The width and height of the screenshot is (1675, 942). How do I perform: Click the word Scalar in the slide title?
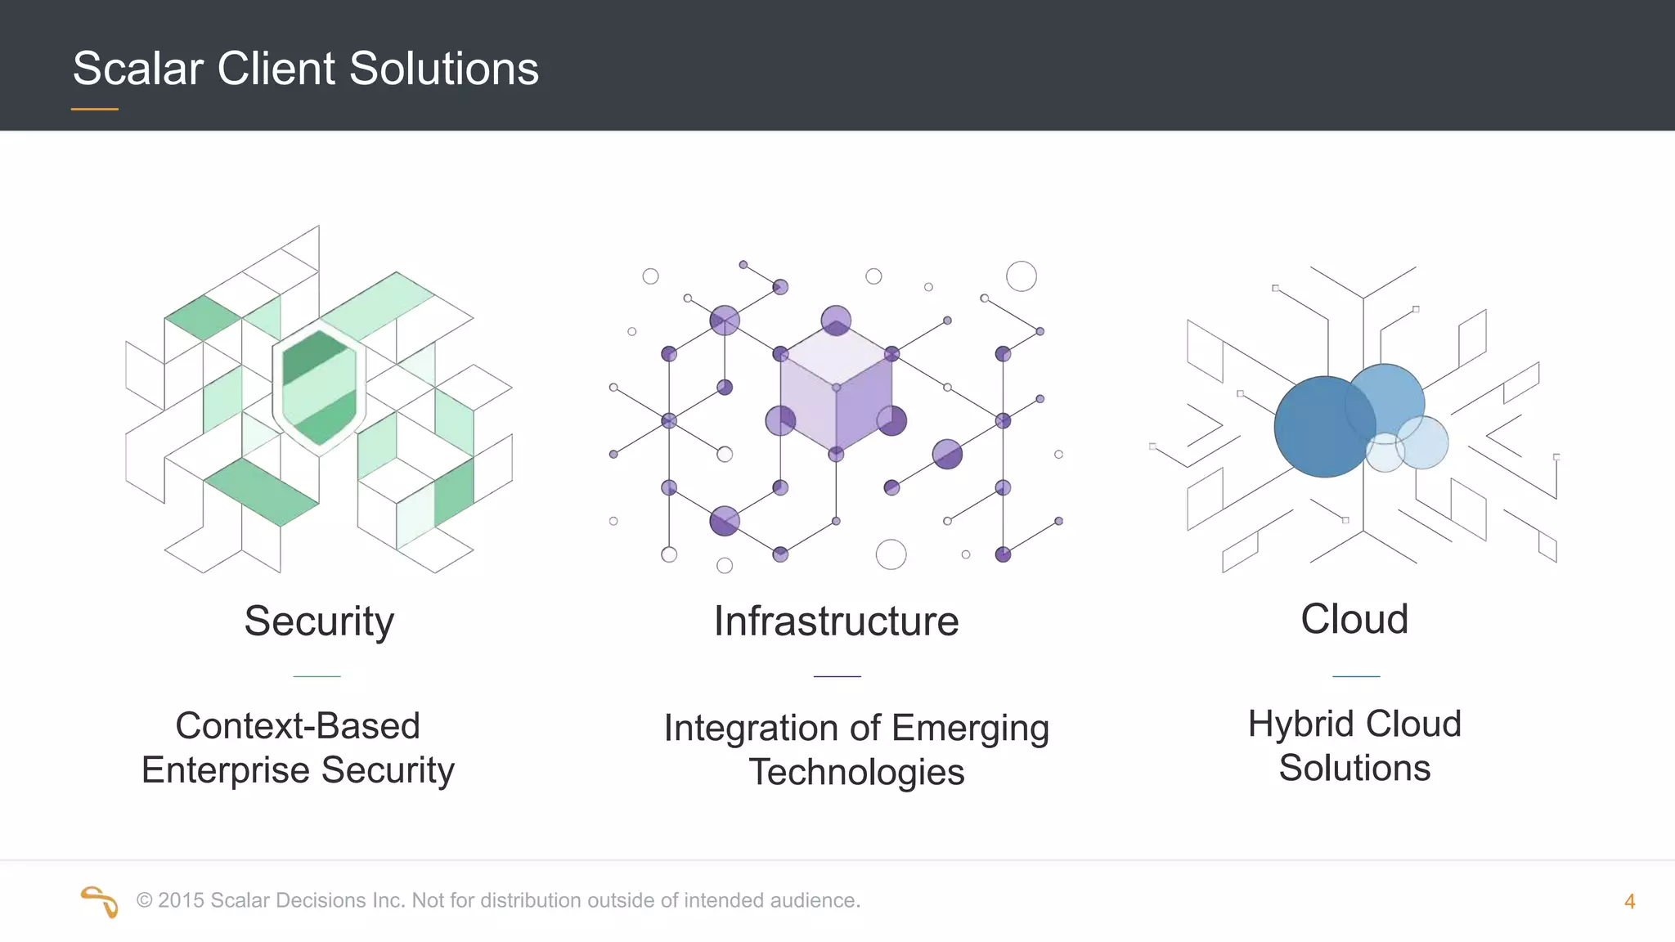pos(137,69)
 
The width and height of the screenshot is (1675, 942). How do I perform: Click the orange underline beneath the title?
pos(95,109)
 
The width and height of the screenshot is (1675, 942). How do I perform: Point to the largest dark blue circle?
pos(1323,427)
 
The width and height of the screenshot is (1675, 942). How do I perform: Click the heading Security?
pos(319,621)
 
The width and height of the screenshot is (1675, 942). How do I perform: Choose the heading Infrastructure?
pos(836,621)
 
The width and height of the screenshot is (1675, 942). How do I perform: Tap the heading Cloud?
pos(1354,619)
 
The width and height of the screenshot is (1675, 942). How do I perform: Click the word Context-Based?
pos(298,726)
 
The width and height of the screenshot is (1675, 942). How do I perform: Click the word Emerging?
pos(970,729)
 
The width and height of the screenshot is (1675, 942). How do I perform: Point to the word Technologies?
pos(856,773)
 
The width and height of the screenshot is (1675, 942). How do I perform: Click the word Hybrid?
pos(1300,724)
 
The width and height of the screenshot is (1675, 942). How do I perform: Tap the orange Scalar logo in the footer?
pos(100,901)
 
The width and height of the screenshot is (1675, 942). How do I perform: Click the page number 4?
pos(1629,902)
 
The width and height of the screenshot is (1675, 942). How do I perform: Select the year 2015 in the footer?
pos(181,900)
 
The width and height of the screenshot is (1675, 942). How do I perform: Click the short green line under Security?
pos(317,676)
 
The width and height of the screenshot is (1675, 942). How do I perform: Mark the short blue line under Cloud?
pos(1356,676)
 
